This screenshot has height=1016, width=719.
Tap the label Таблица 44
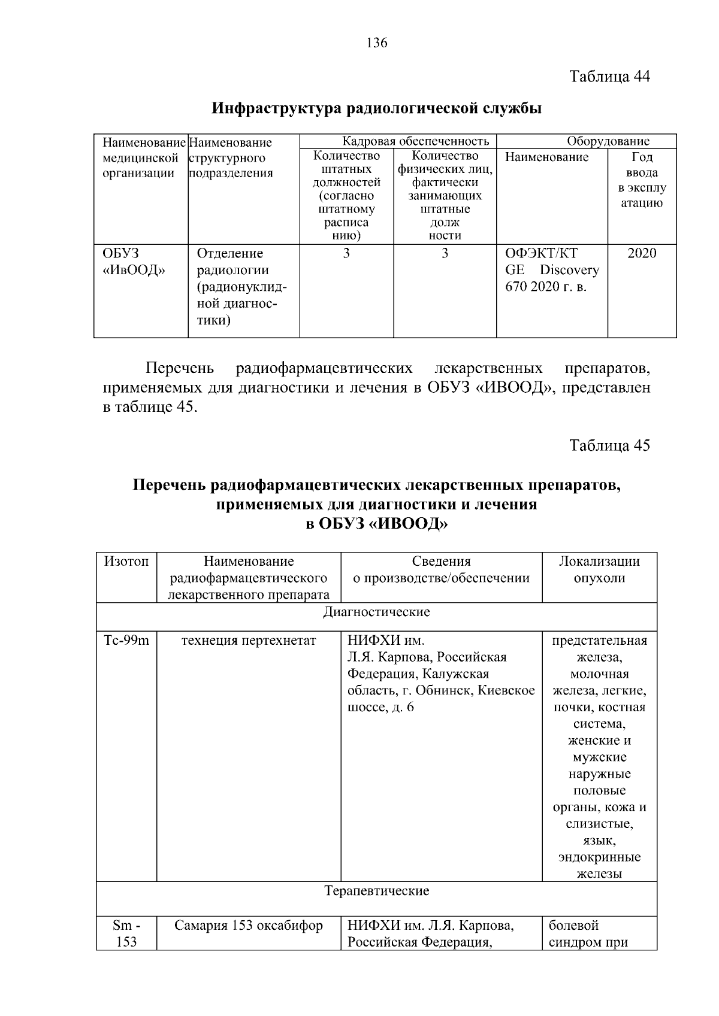(x=609, y=77)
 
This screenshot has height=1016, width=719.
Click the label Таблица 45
(x=609, y=445)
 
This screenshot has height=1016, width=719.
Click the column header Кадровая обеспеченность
(x=415, y=141)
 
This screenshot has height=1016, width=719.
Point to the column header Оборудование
(x=608, y=141)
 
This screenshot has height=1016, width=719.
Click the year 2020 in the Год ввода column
(x=641, y=253)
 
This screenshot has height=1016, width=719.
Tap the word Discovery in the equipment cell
(x=569, y=270)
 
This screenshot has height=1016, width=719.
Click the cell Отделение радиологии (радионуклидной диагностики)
(x=241, y=287)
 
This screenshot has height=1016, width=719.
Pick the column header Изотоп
(x=126, y=562)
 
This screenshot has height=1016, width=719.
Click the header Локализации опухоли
(x=599, y=569)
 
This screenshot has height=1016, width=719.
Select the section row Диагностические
(x=376, y=612)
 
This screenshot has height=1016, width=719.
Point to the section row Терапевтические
(x=376, y=891)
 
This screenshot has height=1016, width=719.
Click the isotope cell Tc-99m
(x=126, y=641)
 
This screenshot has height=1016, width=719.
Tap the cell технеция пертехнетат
(x=248, y=641)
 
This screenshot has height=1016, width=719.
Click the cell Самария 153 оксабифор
(x=248, y=926)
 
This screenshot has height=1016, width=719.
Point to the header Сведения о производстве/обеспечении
(x=441, y=569)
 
